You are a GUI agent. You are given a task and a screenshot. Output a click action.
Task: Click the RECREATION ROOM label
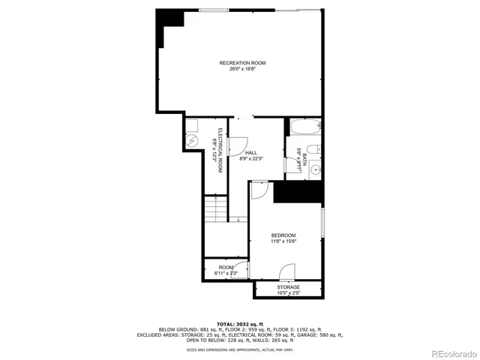coord(242,63)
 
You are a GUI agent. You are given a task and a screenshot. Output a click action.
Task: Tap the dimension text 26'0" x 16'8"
coord(242,69)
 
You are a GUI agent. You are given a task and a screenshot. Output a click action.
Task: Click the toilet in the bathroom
coord(316,148)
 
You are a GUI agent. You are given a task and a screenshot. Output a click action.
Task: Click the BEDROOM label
coord(283,235)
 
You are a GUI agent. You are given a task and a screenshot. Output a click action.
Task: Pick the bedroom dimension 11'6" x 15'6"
coord(283,241)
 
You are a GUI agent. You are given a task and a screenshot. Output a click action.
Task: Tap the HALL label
coord(250,153)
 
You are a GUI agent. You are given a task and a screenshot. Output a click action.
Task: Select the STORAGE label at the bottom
coord(288,287)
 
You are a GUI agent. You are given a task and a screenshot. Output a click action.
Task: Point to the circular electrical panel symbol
coord(190,141)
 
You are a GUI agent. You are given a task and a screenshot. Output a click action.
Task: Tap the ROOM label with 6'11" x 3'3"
coord(226,267)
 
